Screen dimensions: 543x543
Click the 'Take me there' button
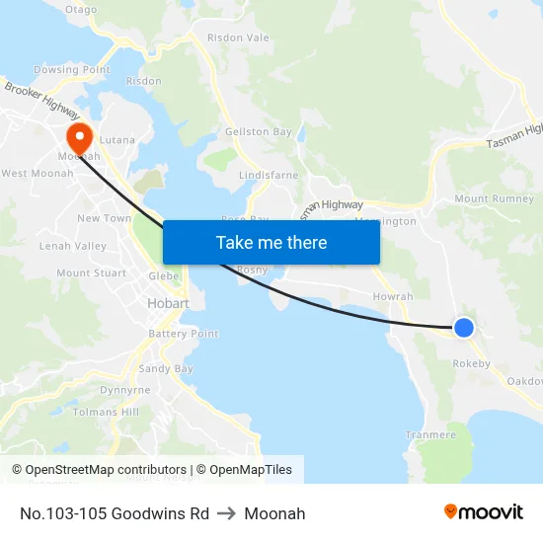[271, 242]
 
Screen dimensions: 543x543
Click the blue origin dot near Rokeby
[463, 328]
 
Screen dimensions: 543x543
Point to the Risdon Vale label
[238, 38]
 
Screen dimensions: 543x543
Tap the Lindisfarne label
[269, 175]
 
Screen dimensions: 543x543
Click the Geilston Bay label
[258, 132]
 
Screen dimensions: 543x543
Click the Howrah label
[393, 296]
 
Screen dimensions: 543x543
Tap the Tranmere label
[430, 434]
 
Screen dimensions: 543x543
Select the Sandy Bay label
[166, 368]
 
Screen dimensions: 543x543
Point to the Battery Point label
[184, 334]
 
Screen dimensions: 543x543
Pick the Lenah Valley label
[72, 245]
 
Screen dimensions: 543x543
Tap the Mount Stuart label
[91, 273]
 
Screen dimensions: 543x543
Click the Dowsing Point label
[72, 70]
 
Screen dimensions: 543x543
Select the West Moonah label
[38, 174]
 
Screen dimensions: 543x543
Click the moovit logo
[484, 512]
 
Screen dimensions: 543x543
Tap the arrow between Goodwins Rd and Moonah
[227, 513]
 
